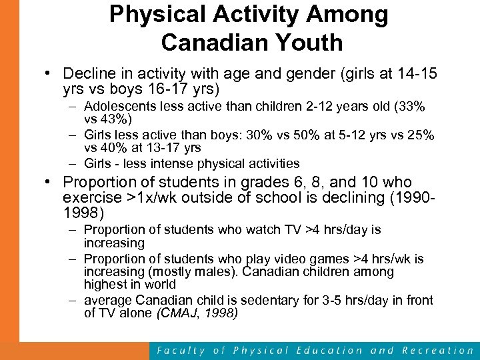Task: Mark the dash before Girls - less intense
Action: [71, 164]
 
